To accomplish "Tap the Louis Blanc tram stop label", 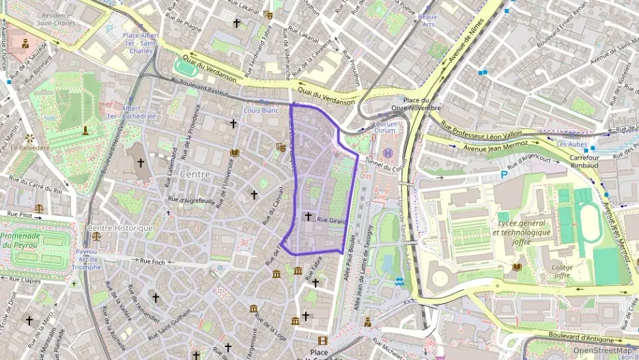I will [x=261, y=110].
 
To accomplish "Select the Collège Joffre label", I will [x=562, y=272].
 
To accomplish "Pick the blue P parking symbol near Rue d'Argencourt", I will [x=505, y=175].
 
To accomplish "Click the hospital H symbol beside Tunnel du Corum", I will [x=388, y=152].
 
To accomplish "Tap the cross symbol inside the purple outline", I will [x=308, y=217].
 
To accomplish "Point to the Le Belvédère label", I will [x=29, y=148].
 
